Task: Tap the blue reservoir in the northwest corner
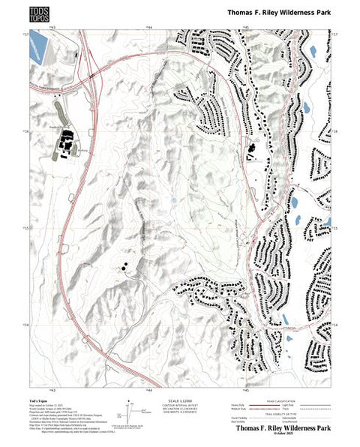(35, 50)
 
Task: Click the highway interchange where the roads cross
(89, 73)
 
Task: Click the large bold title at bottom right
(283, 429)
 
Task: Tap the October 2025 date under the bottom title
(283, 436)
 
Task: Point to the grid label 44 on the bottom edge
(148, 391)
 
